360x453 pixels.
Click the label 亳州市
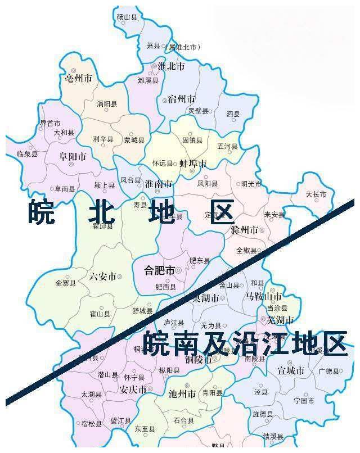(78, 78)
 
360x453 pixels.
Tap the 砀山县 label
(127, 17)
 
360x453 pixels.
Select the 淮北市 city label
(171, 66)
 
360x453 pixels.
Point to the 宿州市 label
(182, 99)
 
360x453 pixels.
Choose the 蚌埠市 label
(193, 164)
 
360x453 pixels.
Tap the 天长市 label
(316, 194)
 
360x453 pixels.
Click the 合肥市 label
(159, 269)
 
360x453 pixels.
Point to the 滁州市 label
(244, 230)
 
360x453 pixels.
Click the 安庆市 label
(133, 389)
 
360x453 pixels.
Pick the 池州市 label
(182, 394)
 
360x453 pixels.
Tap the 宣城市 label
(291, 370)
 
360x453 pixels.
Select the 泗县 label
(233, 114)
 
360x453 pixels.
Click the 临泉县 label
(27, 153)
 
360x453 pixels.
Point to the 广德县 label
(329, 371)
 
